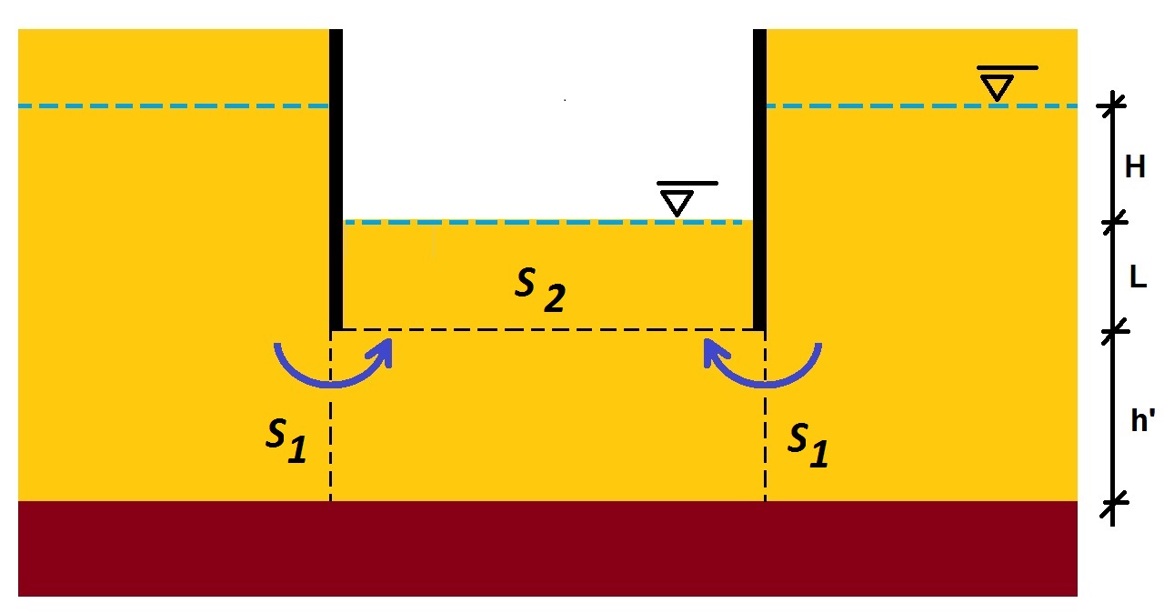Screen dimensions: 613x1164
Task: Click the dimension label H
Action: (1134, 167)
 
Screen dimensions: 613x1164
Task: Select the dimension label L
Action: (1137, 278)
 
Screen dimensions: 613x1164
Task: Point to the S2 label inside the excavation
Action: (539, 289)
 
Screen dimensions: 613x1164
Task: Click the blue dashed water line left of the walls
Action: (173, 106)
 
